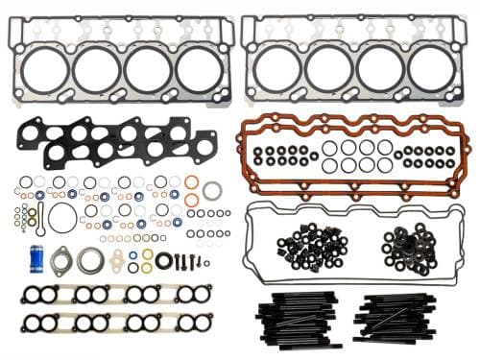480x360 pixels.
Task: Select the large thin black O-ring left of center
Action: (63, 217)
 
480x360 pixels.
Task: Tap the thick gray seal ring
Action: (212, 190)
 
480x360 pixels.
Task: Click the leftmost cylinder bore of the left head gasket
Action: (44, 69)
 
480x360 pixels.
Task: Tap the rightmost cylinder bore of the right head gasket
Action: (431, 68)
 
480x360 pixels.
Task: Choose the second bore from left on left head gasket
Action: (96, 69)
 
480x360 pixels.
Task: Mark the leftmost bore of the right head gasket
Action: (277, 68)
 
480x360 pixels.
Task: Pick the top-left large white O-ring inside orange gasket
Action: (331, 148)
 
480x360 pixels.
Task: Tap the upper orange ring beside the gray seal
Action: (192, 182)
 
